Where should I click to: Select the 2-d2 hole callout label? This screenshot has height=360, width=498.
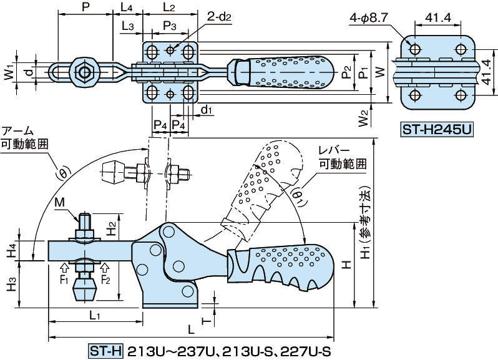[220, 17]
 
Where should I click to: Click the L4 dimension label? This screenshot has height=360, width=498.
[126, 7]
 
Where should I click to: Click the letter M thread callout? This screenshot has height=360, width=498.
[59, 202]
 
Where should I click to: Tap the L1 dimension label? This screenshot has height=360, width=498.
[95, 316]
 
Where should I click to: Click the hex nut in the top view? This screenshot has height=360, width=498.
[84, 71]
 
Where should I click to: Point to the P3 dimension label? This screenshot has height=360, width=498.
[170, 26]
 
